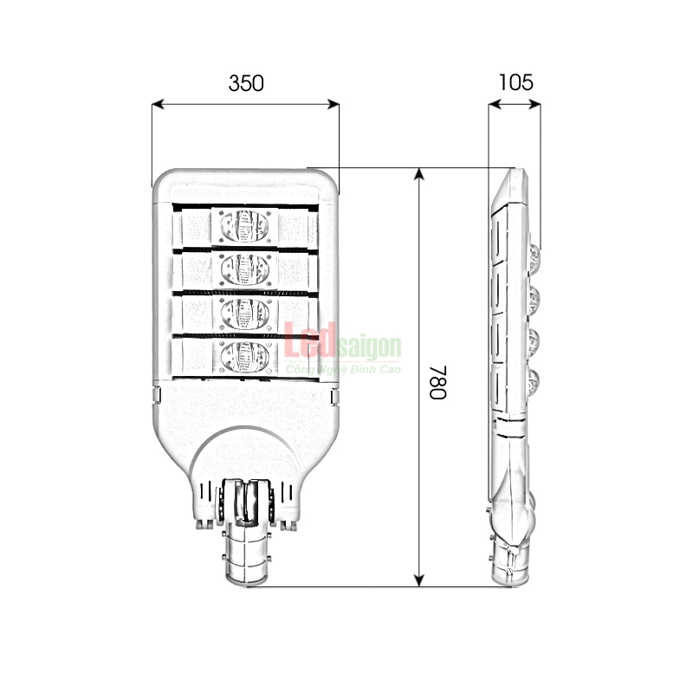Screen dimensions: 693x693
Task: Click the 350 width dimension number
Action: pos(246,83)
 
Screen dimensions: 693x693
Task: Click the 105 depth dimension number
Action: pos(515,82)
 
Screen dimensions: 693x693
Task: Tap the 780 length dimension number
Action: pos(438,382)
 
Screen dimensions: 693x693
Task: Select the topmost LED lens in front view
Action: pos(244,226)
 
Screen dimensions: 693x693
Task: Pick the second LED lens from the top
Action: pos(244,269)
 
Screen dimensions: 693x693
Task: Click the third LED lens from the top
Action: pos(244,314)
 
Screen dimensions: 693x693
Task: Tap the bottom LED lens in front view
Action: pos(244,357)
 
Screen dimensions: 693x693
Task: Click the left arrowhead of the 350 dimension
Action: pos(158,104)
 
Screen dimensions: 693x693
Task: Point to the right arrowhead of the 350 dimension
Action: pos(333,104)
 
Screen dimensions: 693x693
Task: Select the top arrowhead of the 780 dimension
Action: pos(419,174)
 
